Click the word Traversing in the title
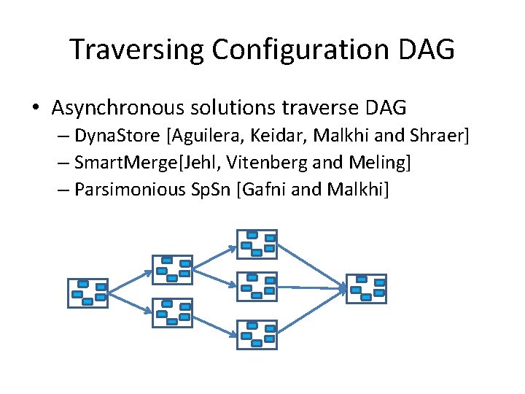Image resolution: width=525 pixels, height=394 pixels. click(136, 50)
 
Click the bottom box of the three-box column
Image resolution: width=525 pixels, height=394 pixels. click(257, 333)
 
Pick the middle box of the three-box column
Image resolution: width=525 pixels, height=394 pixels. click(257, 286)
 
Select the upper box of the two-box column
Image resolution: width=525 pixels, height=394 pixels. click(171, 269)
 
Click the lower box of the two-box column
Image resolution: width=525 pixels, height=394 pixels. click(171, 312)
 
